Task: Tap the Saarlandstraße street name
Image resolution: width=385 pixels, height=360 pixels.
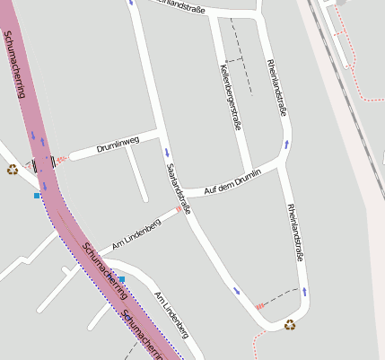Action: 179,189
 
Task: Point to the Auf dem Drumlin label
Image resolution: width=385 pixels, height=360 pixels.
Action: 232,182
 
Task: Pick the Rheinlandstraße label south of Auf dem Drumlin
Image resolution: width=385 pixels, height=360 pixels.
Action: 295,233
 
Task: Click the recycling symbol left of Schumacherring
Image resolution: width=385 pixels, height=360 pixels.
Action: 12,169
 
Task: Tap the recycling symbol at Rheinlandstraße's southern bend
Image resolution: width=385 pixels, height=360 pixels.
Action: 290,325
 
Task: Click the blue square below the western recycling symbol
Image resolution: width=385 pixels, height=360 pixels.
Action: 37,195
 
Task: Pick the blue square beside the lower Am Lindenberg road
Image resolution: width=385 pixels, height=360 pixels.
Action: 122,279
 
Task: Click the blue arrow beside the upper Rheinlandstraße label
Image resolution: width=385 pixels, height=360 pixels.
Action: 288,142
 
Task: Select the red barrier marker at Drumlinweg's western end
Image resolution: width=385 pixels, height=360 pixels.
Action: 61,160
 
